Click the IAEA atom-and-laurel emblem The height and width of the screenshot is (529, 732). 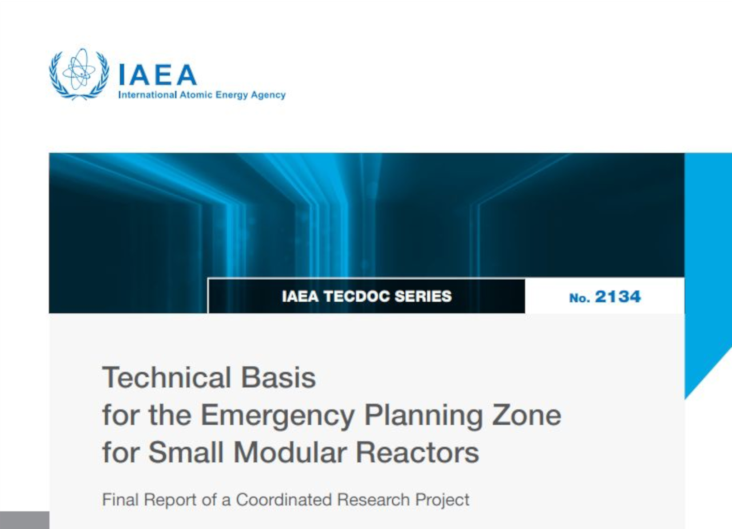[79, 74]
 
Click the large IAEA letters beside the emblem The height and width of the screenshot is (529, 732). [158, 74]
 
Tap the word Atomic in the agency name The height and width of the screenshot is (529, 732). [196, 95]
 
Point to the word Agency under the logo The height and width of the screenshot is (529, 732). [268, 95]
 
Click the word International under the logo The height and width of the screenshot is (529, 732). [148, 95]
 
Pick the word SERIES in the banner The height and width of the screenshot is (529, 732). [423, 297]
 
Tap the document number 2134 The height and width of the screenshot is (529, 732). [618, 297]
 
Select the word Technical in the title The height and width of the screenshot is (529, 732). [167, 377]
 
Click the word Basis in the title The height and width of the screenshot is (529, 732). [279, 377]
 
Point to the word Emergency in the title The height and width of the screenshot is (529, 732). [278, 416]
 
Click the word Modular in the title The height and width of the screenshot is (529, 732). [290, 452]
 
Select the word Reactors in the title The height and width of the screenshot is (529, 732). [417, 453]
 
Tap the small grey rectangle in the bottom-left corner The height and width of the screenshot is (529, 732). [25, 520]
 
